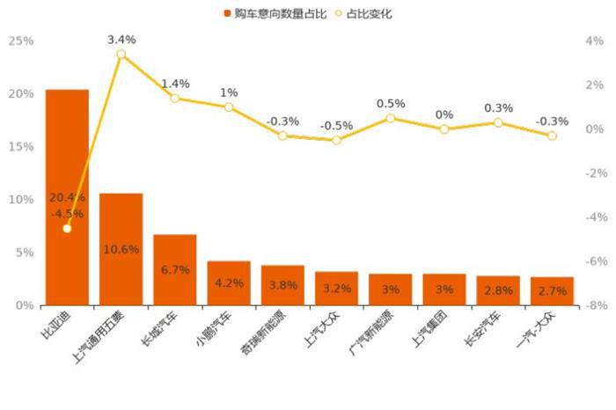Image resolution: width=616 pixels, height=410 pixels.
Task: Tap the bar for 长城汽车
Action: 175,269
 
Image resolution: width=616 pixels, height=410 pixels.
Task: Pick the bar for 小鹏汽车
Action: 229,282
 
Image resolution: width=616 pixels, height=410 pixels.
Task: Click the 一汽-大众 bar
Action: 552,291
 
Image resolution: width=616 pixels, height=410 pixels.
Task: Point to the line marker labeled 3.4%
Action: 121,55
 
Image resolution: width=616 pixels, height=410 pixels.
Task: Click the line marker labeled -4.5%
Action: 67,229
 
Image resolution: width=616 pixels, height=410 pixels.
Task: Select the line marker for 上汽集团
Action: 444,129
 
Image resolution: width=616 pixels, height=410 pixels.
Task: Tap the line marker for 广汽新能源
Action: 391,118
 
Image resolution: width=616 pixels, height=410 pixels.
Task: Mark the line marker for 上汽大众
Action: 336,140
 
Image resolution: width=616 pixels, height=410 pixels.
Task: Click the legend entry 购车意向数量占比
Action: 265,13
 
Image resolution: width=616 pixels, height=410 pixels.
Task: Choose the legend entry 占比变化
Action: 363,13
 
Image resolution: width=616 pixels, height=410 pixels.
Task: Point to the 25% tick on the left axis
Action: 20,40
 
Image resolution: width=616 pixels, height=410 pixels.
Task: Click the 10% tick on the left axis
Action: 20,200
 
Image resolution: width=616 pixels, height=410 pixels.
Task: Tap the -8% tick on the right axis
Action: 594,305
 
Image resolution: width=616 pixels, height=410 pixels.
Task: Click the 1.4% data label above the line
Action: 175,84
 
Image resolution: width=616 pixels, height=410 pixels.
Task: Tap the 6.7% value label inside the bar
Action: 175,270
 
